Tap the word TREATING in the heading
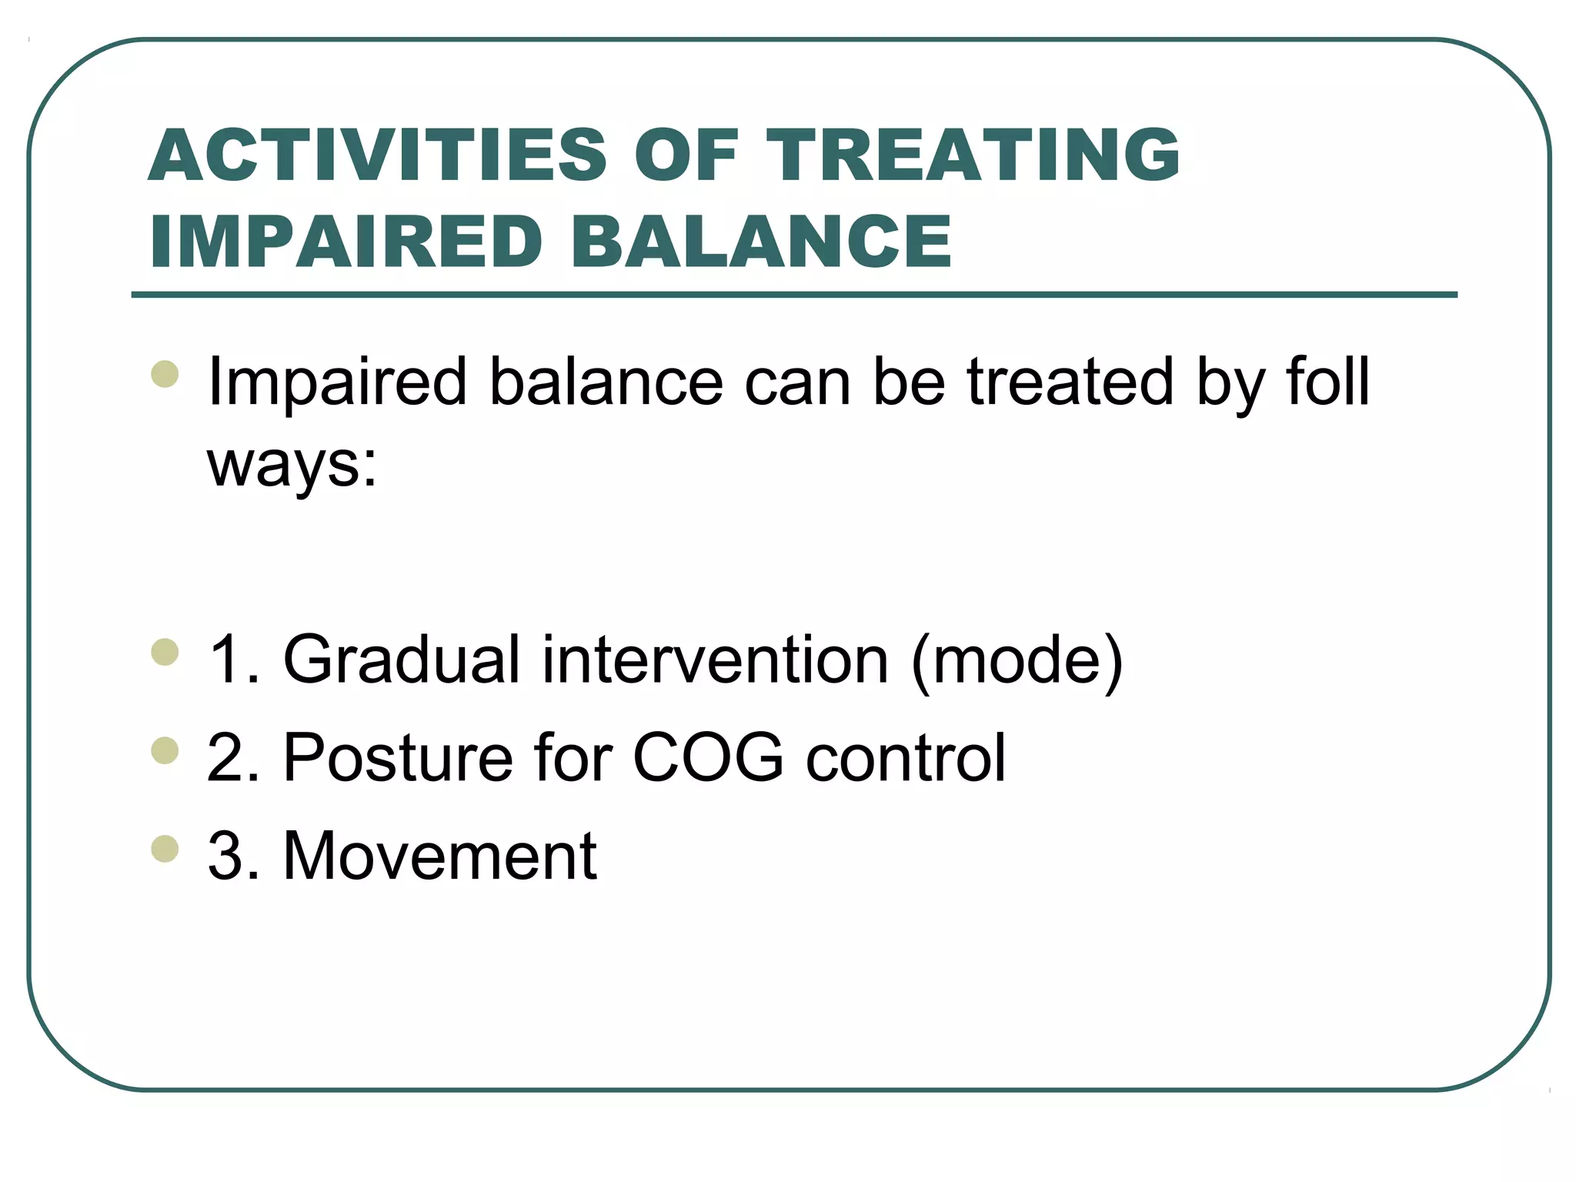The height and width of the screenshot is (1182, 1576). (973, 155)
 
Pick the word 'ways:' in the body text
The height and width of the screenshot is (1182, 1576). (292, 466)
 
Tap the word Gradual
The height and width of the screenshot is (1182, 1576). (402, 659)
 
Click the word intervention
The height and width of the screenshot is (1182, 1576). (716, 659)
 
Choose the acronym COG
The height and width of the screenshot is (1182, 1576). (708, 758)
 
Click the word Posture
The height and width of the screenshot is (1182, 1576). (398, 758)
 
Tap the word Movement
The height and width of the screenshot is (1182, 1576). (439, 856)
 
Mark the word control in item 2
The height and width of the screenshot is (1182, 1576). (906, 758)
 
